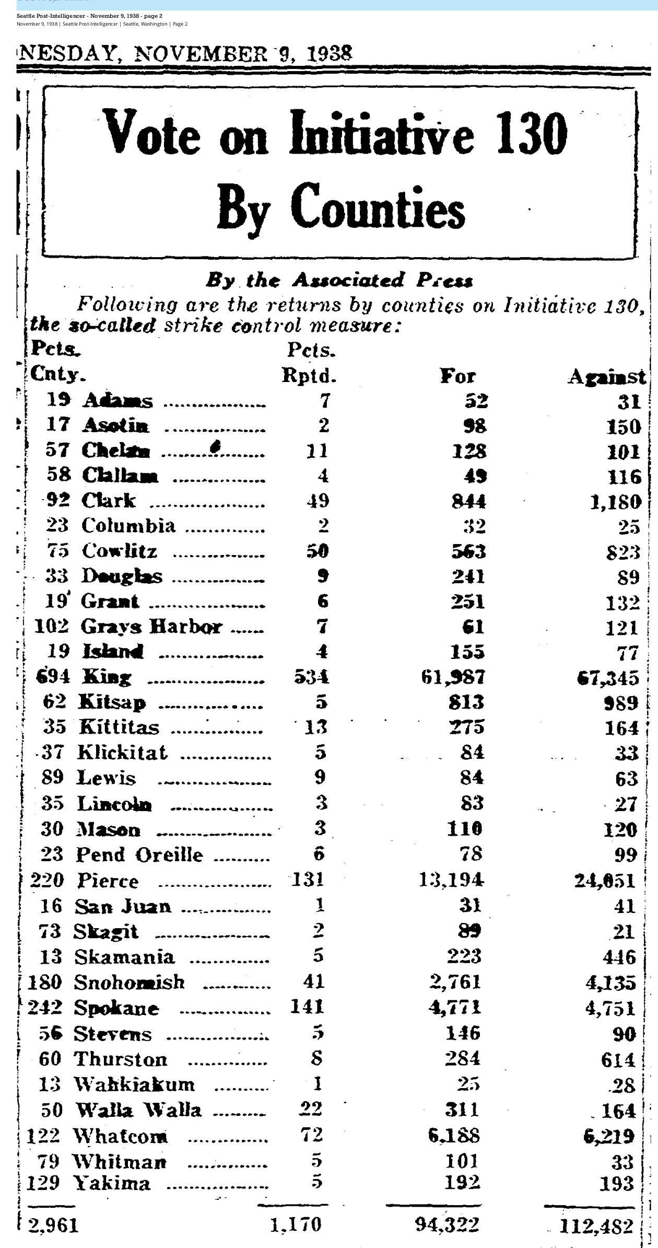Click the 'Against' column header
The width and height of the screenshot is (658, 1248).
pyautogui.click(x=607, y=377)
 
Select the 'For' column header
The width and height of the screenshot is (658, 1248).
pyautogui.click(x=458, y=376)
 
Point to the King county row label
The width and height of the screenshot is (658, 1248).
pyautogui.click(x=107, y=677)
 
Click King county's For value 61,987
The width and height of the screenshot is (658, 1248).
pyautogui.click(x=453, y=677)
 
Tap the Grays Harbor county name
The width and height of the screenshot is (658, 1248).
pyautogui.click(x=151, y=627)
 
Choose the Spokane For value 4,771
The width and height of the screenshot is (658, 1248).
pyautogui.click(x=455, y=1007)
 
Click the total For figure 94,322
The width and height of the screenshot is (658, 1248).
pyautogui.click(x=448, y=1224)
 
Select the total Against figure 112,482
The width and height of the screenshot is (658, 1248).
pyautogui.click(x=596, y=1226)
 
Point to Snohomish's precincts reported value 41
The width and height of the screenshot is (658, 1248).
pyautogui.click(x=314, y=982)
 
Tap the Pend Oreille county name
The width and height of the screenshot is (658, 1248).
pyautogui.click(x=139, y=854)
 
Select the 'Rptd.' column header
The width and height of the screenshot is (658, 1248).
pyautogui.click(x=309, y=376)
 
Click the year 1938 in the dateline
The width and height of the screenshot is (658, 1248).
pyautogui.click(x=330, y=53)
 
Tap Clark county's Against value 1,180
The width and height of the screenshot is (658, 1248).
pyautogui.click(x=616, y=502)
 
